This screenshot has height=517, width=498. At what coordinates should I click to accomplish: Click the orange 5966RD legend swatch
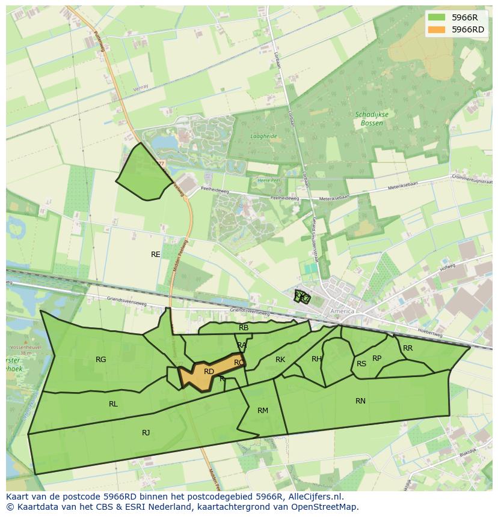[x=437, y=29]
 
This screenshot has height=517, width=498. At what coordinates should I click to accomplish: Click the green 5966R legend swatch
[x=437, y=17]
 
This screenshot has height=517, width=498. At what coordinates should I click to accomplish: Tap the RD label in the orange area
[x=209, y=372]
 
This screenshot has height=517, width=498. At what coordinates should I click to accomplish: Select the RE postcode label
[x=156, y=255]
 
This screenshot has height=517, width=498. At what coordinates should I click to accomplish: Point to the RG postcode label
[x=100, y=360]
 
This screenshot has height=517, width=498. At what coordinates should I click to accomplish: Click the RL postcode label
[x=113, y=404]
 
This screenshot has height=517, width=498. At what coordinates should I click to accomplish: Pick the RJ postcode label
[x=146, y=433]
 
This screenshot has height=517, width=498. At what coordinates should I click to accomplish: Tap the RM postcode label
[x=263, y=411]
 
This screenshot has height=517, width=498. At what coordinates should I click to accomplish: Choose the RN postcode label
[x=360, y=401]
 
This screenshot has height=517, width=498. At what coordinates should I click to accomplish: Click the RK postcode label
[x=280, y=360]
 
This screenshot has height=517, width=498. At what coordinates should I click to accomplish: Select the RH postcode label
[x=316, y=359]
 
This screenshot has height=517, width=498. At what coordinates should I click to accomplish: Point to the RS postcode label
[x=361, y=364]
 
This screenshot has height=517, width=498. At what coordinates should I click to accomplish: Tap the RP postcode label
[x=377, y=358]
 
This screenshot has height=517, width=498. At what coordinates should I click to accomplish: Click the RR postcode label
[x=408, y=348]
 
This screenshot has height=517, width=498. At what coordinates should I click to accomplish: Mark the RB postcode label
[x=244, y=328]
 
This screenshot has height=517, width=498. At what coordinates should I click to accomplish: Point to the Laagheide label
[x=263, y=136]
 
